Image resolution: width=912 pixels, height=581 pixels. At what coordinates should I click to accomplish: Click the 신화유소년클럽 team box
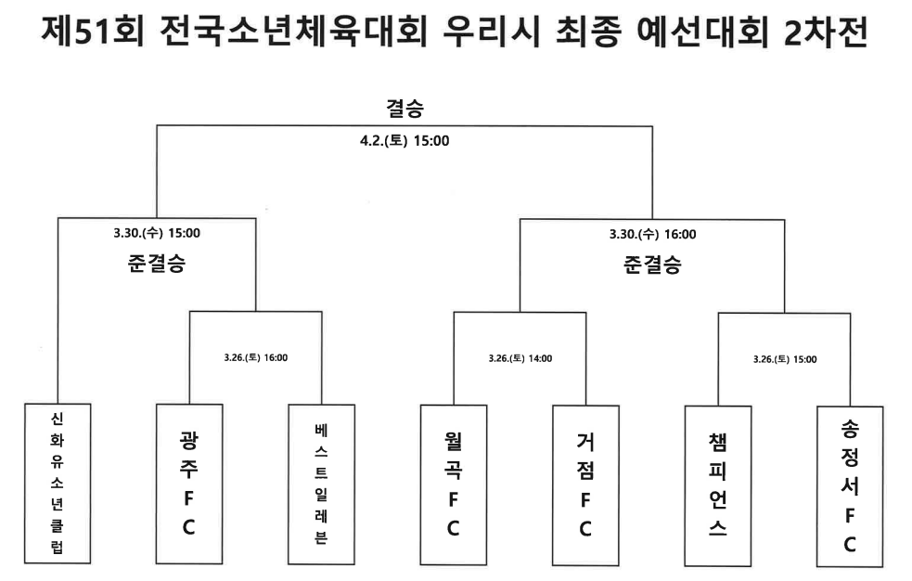click(x=58, y=484)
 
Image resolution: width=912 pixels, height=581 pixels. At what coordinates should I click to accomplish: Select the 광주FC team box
click(x=189, y=484)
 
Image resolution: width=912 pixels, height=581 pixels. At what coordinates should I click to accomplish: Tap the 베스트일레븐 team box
click(x=322, y=484)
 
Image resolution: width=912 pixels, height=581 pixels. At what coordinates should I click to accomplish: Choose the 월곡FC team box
click(x=454, y=485)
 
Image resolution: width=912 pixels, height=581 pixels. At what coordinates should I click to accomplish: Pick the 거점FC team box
click(x=585, y=485)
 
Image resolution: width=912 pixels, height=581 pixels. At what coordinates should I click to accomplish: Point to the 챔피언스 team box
click(x=718, y=486)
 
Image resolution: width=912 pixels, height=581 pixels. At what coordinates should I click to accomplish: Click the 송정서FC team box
click(x=850, y=486)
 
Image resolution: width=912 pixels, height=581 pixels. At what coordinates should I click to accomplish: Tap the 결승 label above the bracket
click(x=405, y=109)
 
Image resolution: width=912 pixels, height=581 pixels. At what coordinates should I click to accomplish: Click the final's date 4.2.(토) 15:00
click(x=405, y=141)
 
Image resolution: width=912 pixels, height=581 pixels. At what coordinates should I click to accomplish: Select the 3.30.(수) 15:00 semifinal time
click(x=157, y=233)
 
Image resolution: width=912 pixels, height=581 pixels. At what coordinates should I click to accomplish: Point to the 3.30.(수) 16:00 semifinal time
click(x=652, y=235)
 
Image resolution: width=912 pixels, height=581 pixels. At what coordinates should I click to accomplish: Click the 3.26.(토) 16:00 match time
click(x=256, y=357)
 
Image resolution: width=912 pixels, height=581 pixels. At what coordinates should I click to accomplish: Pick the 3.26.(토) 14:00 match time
click(x=520, y=359)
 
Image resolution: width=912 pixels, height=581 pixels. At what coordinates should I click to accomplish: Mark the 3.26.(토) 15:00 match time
click(x=785, y=359)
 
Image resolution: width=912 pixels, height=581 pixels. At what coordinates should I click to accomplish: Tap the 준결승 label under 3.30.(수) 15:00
click(x=157, y=264)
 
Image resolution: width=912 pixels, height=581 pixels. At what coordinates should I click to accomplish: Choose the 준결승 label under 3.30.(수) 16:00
click(x=652, y=265)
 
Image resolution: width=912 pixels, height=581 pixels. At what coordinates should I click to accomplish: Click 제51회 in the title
click(x=93, y=32)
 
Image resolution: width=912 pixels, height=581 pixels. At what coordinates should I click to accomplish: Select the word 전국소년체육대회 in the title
click(x=293, y=32)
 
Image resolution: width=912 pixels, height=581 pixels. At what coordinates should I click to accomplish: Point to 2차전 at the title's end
click(x=827, y=32)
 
